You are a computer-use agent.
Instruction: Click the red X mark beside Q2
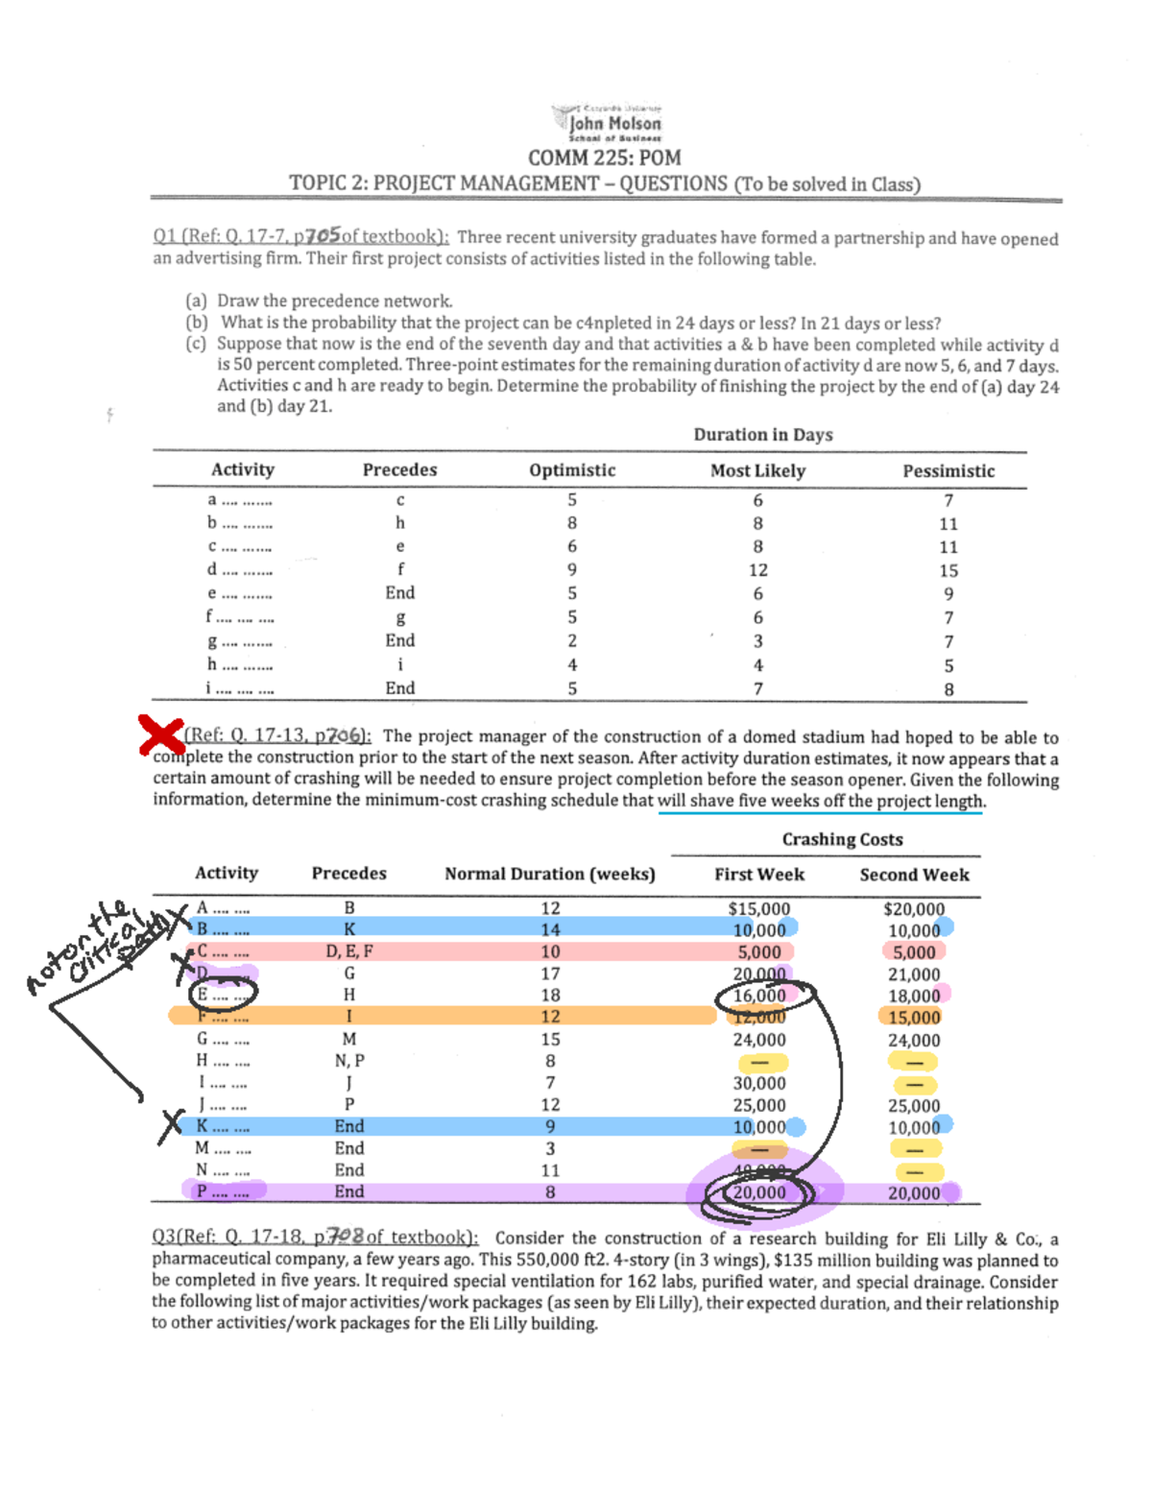(160, 735)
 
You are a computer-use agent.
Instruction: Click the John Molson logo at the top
(609, 122)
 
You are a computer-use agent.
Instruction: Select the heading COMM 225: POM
(605, 157)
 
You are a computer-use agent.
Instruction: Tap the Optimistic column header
(572, 470)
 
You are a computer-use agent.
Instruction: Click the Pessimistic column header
(948, 471)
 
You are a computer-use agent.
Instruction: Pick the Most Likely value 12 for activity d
(758, 570)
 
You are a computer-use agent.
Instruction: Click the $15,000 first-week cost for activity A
(759, 908)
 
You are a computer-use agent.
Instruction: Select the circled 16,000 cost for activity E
(759, 996)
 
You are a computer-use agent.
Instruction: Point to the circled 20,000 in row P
(759, 1192)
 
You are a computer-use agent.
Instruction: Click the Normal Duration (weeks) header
(550, 874)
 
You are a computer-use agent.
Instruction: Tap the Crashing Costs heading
(842, 839)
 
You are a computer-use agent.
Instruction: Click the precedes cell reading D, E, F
(349, 951)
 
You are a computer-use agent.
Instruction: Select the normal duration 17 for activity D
(550, 974)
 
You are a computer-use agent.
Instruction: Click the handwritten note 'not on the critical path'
(91, 946)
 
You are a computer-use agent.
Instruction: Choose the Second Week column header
(914, 875)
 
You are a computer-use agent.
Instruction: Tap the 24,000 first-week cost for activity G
(759, 1040)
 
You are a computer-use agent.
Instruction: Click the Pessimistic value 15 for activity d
(948, 570)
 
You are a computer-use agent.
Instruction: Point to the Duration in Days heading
(763, 435)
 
